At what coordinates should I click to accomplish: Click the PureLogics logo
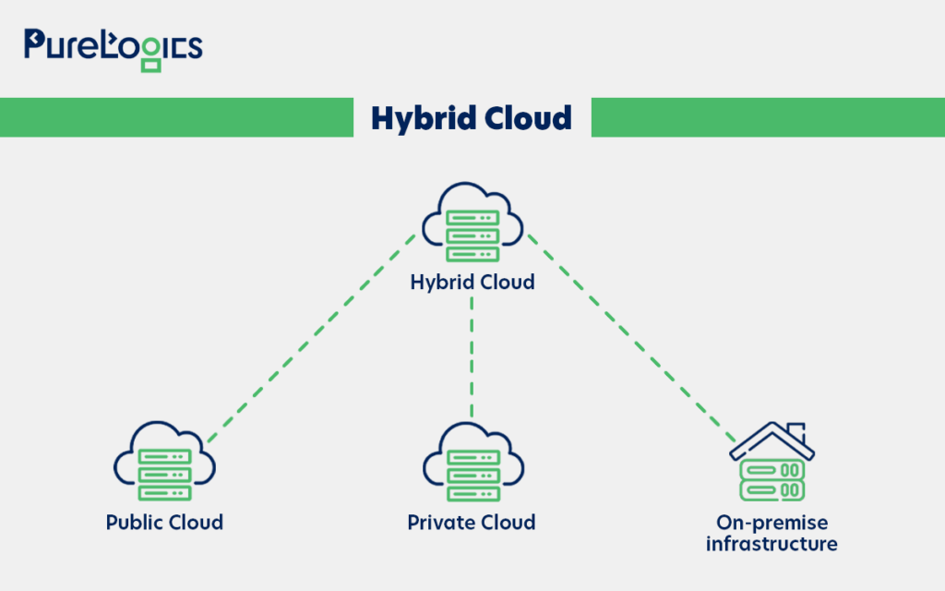[113, 46]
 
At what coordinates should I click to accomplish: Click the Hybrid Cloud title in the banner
[472, 118]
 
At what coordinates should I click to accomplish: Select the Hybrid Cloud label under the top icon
[472, 282]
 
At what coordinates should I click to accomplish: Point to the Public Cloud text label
[164, 523]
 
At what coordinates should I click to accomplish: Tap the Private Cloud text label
[472, 523]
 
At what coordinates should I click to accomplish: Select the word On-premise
[772, 523]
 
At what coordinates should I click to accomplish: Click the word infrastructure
[772, 544]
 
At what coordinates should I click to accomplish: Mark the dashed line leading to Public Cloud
[309, 337]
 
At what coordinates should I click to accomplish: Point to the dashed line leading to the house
[632, 337]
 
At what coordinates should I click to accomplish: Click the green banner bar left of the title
[175, 117]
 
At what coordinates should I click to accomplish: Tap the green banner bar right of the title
[767, 117]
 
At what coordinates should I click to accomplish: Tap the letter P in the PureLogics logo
[36, 44]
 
